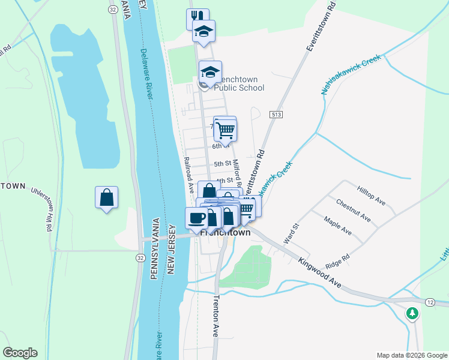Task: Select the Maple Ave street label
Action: point(337,226)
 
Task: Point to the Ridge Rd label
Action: point(337,259)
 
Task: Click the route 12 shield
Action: point(430,304)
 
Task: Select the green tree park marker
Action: point(412,313)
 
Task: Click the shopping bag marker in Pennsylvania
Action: point(106,197)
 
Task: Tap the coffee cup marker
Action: point(196,218)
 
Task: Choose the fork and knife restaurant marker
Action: point(197,18)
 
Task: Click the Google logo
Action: point(20,353)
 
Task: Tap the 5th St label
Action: point(223,163)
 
